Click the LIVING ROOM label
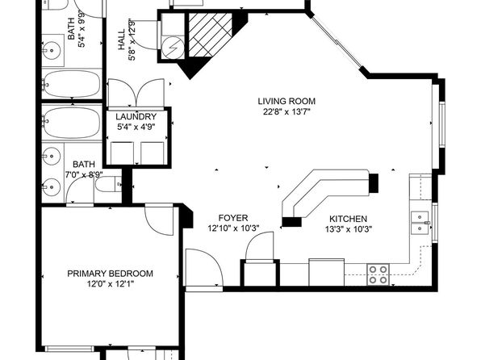287,101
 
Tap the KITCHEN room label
348,219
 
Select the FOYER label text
233,218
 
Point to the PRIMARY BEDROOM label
110,274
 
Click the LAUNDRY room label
136,116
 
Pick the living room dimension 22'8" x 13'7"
287,111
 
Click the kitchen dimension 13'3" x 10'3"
349,229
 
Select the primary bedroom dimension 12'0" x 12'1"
111,284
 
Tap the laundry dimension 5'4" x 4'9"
136,127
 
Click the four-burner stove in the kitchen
379,274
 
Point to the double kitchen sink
420,223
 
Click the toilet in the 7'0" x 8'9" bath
108,185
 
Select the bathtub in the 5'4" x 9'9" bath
72,84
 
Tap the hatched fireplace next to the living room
210,35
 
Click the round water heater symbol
173,48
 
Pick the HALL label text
122,40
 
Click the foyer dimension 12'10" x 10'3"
234,228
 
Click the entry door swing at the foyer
204,268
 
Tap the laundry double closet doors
136,93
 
